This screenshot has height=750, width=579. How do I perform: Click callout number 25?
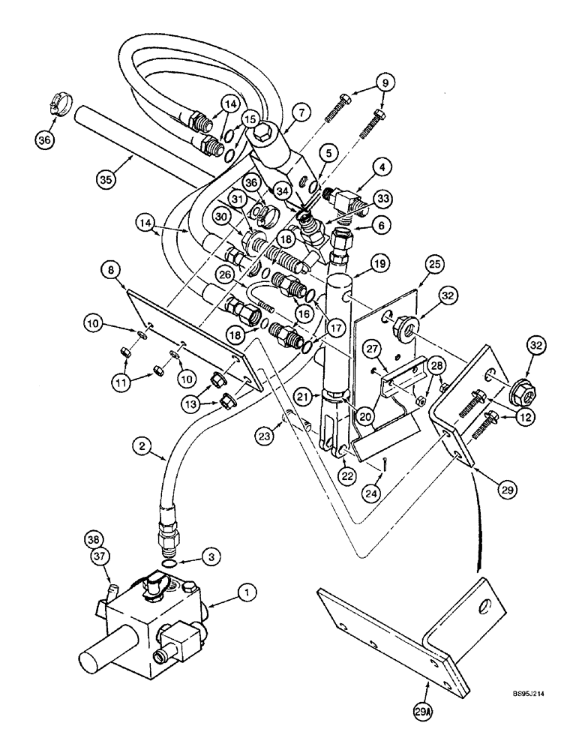414,263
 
